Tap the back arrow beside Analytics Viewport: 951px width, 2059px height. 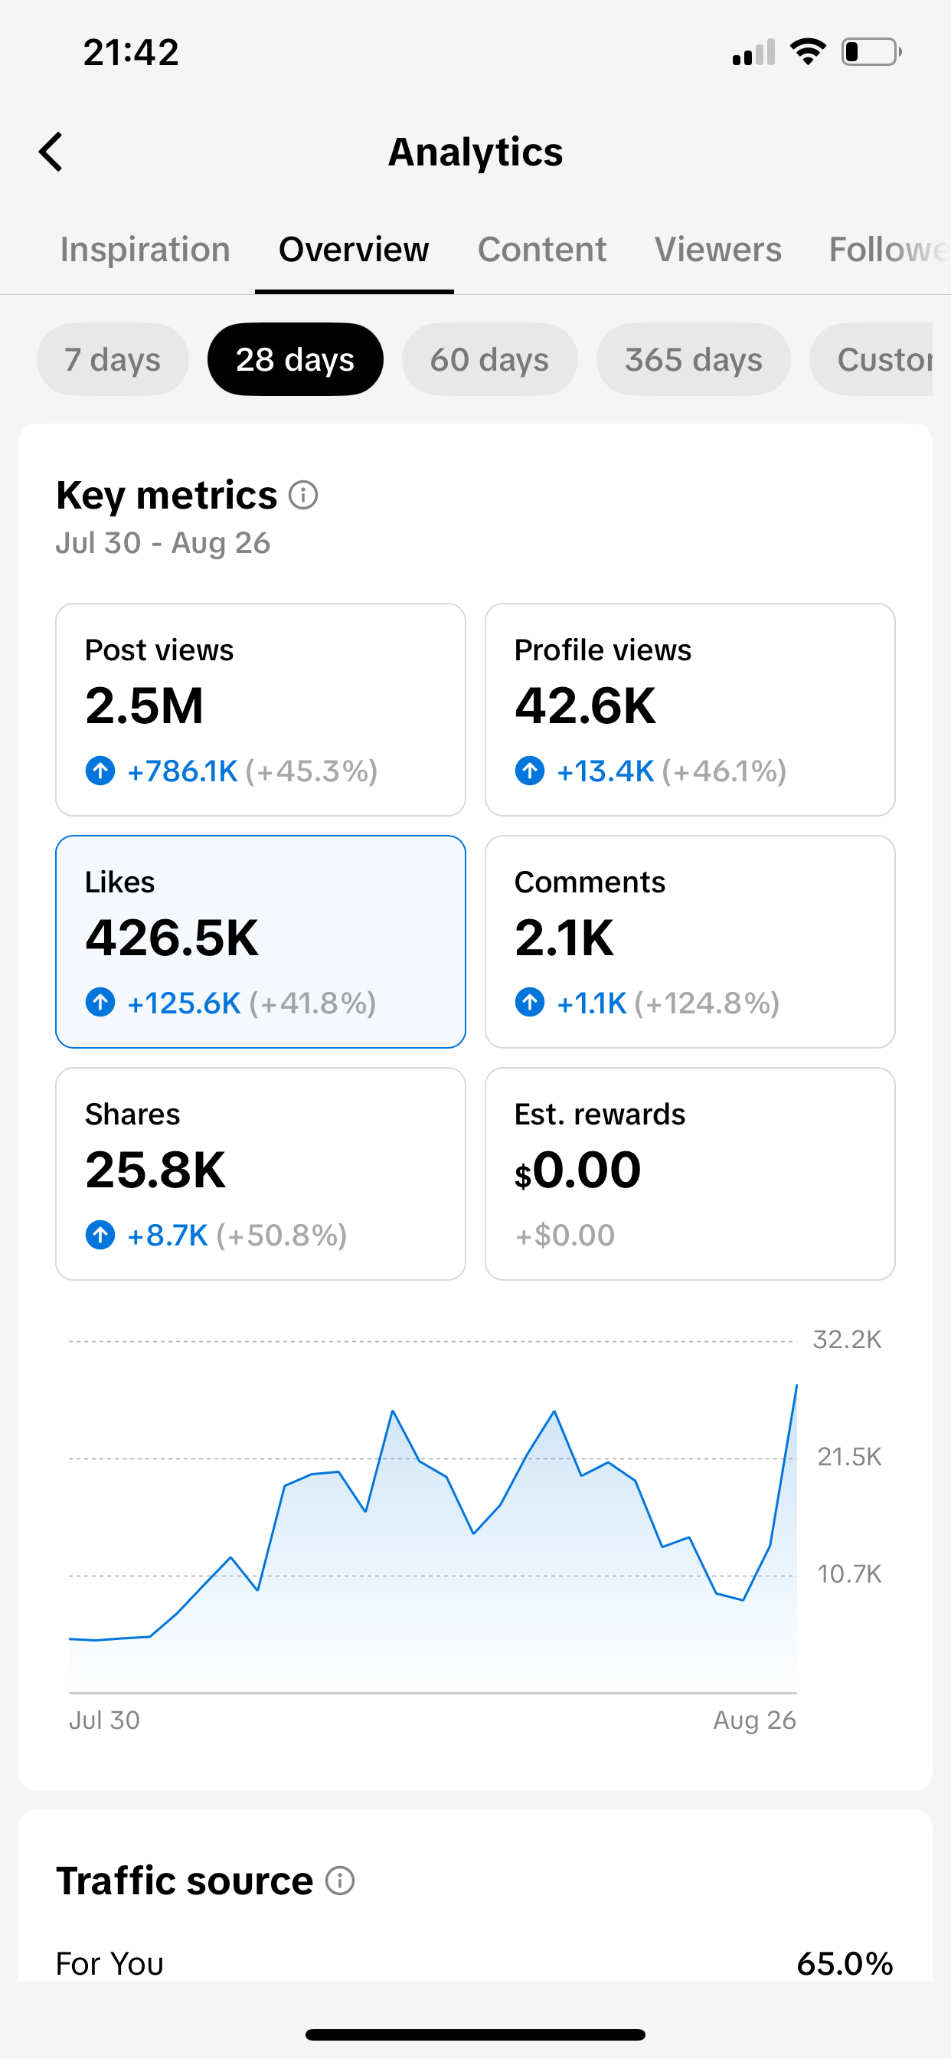tap(51, 152)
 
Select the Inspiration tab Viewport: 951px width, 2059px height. tap(145, 250)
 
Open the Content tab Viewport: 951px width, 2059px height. tap(542, 250)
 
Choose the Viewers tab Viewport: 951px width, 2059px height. tap(717, 250)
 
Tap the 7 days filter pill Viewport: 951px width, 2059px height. tap(113, 360)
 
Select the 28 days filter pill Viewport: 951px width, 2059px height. tap(295, 360)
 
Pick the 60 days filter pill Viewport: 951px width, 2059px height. tap(489, 360)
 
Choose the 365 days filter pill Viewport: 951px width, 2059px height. tap(694, 360)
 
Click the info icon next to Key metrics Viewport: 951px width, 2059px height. tap(304, 496)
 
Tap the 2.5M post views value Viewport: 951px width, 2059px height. tap(145, 706)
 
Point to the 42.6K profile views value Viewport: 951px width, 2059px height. tap(585, 706)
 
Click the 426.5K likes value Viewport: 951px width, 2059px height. tap(172, 938)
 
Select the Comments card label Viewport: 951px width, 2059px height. tap(590, 882)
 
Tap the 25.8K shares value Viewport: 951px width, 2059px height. tap(156, 1170)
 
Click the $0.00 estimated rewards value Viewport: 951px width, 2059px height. tap(578, 1171)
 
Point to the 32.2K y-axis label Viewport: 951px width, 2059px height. tap(847, 1340)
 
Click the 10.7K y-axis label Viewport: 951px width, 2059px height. tap(848, 1575)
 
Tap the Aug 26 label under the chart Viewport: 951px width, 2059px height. tap(754, 1720)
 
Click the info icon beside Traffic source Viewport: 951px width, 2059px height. tap(341, 1881)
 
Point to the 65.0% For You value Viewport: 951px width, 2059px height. tap(845, 1964)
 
